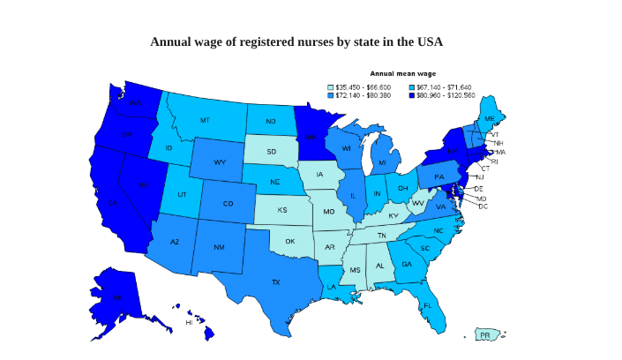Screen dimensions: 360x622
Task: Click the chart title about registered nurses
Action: click(x=296, y=42)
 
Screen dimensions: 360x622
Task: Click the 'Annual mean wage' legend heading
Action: click(x=402, y=74)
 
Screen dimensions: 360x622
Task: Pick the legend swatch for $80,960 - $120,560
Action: click(x=411, y=95)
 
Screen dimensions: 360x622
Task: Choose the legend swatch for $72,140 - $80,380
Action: click(x=331, y=95)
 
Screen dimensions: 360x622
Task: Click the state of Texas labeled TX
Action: click(x=275, y=282)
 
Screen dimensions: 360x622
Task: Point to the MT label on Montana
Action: click(x=205, y=120)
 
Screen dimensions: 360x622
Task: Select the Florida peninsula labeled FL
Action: click(x=428, y=306)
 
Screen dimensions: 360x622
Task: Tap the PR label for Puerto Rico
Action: click(x=484, y=335)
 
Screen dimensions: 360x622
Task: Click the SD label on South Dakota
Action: click(x=271, y=152)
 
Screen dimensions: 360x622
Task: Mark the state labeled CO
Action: click(x=228, y=204)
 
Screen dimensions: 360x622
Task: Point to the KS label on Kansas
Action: click(x=281, y=211)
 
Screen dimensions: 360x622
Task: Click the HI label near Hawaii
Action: click(x=189, y=323)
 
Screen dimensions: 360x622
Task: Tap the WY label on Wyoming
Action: click(x=220, y=162)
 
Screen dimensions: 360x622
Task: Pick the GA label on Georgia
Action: click(x=406, y=264)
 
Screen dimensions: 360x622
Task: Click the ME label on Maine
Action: click(x=489, y=118)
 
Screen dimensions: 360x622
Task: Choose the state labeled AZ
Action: click(x=175, y=243)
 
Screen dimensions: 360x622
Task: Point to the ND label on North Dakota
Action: click(x=270, y=121)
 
